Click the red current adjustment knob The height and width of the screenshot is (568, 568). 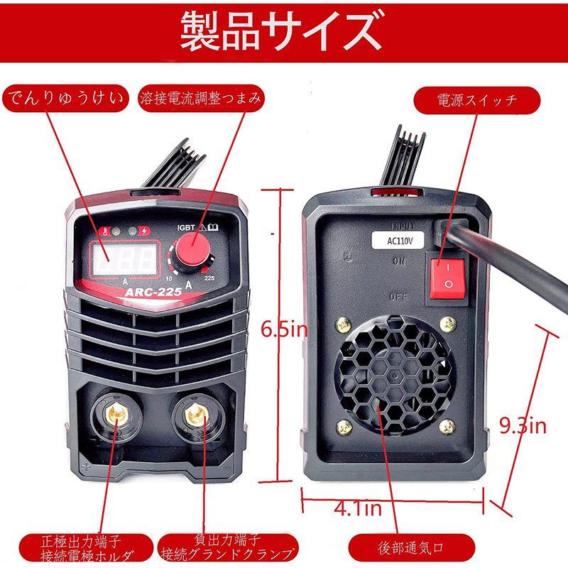pos(191,251)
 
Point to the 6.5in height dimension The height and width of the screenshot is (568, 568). pos(284,329)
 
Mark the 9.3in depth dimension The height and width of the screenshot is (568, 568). pos(522,425)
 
